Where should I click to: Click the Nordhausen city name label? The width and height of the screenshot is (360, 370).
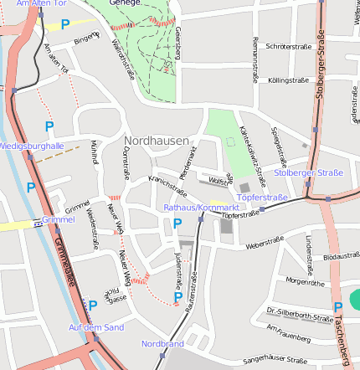156,141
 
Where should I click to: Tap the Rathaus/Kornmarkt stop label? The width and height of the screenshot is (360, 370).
201,206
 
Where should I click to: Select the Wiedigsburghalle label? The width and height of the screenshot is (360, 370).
33,146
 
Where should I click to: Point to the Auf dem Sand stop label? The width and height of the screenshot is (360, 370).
96,326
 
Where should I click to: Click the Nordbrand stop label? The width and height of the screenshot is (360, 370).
162,344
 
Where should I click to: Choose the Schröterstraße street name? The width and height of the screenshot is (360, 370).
287,46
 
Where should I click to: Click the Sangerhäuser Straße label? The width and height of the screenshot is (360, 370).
274,361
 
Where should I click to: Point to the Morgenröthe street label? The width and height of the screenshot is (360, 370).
305,281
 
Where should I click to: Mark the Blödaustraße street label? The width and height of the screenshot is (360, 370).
341,256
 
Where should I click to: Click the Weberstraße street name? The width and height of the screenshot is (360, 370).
265,243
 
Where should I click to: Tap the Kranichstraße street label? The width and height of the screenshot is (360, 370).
167,186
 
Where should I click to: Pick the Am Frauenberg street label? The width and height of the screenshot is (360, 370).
289,333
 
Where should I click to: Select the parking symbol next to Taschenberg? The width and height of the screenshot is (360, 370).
337,307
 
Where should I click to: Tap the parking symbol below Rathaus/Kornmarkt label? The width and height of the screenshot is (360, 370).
177,224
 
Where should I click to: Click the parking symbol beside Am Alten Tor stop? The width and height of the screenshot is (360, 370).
64,24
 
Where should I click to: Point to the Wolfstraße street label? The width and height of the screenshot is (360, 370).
219,180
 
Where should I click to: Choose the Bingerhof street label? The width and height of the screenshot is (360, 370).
85,38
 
